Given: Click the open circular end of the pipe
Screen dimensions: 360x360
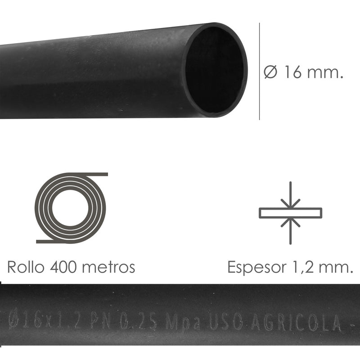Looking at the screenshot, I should click(215, 70).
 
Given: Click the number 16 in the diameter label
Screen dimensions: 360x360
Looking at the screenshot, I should click(292, 72).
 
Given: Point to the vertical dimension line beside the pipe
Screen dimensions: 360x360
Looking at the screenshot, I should click(260, 72).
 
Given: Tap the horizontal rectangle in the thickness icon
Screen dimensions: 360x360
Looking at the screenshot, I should click(290, 212).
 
